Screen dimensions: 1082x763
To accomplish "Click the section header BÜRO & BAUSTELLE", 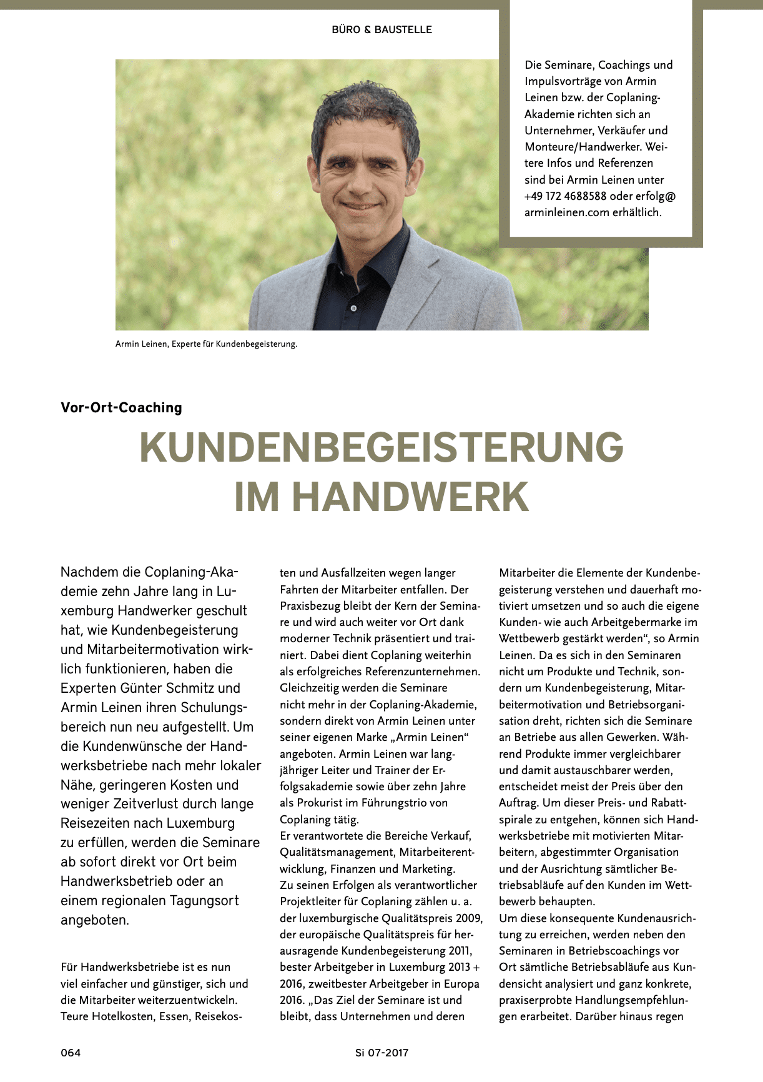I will (381, 29).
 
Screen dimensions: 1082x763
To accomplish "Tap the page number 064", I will (71, 1053).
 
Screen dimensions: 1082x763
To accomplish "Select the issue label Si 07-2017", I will (381, 1053).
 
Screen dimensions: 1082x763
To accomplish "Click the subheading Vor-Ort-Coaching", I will (121, 408).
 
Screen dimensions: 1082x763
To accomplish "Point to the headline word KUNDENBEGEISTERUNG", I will (381, 447).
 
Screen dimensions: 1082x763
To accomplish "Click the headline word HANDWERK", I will (411, 497).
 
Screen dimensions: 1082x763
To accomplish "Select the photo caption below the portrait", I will (206, 344).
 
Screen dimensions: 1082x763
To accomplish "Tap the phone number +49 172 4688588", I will (566, 196).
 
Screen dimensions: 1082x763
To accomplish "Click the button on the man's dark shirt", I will (353, 309).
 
